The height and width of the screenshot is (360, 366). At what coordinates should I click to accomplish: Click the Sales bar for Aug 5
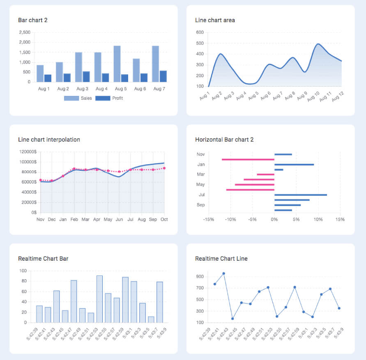[x=117, y=64]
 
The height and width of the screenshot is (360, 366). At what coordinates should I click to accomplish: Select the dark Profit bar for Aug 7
[x=163, y=76]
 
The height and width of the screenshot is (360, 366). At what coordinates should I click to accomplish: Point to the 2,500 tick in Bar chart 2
[x=25, y=32]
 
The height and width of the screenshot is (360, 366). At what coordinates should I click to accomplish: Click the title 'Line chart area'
[x=215, y=20]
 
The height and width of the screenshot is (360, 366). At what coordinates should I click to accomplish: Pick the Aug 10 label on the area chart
[x=313, y=97]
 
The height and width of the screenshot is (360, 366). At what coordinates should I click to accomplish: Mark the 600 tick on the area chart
[x=200, y=32]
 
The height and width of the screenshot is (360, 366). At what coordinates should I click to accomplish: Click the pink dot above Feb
[x=74, y=169]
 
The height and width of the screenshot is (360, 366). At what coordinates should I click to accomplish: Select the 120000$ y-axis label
[x=28, y=152]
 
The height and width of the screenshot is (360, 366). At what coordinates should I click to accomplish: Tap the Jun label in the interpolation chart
[x=119, y=220]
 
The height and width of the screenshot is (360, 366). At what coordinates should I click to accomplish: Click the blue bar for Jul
[x=301, y=195]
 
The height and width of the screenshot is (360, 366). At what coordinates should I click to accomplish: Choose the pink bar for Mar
[x=265, y=174]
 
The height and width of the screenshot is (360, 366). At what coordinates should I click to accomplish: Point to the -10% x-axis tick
[x=230, y=220]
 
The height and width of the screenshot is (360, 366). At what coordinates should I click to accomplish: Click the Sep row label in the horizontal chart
[x=200, y=205]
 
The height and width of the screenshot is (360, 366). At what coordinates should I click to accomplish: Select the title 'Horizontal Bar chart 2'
[x=224, y=140]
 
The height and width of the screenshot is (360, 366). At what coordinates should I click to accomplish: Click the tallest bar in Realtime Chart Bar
[x=99, y=299]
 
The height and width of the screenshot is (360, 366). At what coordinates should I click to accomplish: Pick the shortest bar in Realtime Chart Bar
[x=151, y=319]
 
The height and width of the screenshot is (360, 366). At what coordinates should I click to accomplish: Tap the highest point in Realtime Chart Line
[x=223, y=273]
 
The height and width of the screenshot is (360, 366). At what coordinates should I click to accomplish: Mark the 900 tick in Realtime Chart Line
[x=200, y=277]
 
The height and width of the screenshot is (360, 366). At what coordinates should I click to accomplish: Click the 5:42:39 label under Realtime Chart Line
[x=205, y=335]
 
